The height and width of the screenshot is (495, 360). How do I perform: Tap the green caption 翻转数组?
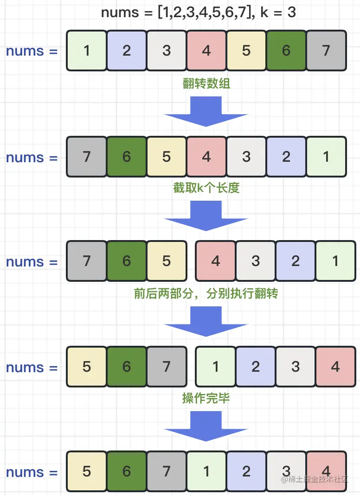[206, 84]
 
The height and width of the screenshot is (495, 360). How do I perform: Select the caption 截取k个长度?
[206, 188]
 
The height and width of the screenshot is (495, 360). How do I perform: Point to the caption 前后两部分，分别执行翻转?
[206, 294]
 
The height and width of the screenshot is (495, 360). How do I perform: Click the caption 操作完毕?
[206, 398]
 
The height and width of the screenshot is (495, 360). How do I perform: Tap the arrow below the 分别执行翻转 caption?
[206, 321]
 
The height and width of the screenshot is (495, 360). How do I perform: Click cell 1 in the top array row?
[87, 51]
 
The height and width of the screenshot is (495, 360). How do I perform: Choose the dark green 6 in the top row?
[286, 51]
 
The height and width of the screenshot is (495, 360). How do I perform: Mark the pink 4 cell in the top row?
[206, 51]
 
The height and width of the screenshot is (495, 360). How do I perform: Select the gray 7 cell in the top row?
[326, 51]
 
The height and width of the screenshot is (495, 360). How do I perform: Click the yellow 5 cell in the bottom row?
[87, 472]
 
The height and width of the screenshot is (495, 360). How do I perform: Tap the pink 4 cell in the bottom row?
[326, 472]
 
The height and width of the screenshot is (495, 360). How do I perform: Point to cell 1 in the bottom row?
[206, 472]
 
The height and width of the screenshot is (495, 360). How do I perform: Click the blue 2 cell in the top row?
[127, 51]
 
